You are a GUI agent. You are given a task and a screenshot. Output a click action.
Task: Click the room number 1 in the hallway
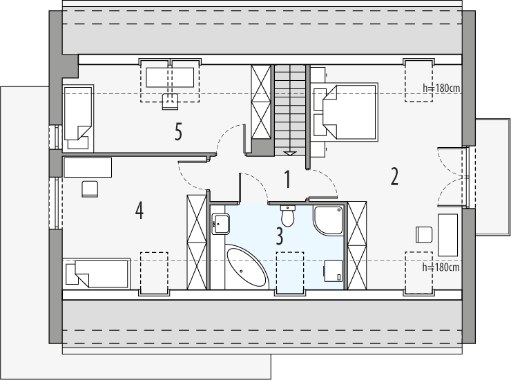287,179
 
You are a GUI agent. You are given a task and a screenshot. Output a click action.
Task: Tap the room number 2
394,177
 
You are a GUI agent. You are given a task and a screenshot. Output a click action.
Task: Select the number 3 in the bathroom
280,236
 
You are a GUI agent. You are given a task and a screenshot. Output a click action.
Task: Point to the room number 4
139,210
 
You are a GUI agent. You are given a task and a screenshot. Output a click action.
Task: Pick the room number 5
178,131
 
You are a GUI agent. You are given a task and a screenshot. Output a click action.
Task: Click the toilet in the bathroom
287,216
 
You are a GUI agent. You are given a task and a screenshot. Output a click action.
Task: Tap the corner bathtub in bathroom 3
246,266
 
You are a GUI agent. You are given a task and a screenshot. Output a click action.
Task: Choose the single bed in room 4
95,273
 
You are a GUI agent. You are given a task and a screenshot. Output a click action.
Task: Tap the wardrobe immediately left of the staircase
261,102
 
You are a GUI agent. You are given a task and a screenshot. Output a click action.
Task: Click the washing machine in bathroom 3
334,270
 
